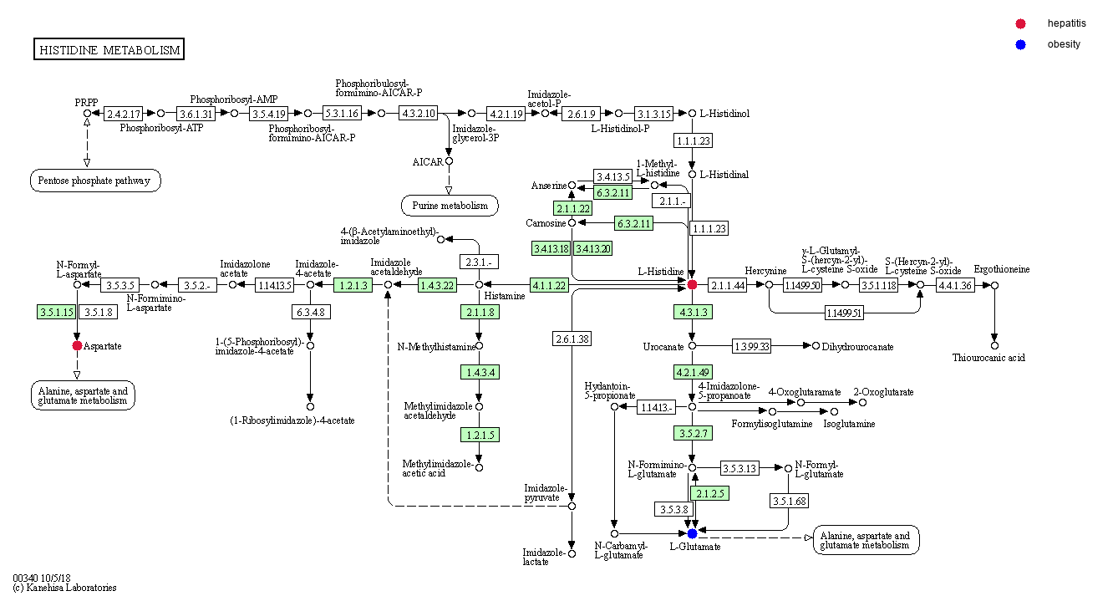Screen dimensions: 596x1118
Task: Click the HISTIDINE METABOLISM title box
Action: point(109,50)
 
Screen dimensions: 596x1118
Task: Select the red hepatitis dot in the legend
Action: point(1020,24)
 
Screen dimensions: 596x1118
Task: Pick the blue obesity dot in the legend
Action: point(1020,44)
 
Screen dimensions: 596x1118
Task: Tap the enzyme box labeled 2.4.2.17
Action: point(124,113)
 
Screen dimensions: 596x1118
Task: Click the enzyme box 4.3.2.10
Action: point(418,113)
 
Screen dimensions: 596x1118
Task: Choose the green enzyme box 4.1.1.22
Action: point(549,285)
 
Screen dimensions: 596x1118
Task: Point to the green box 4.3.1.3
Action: point(693,312)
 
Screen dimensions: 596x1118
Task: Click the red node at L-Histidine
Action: point(692,285)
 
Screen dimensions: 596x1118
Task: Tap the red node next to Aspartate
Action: point(77,345)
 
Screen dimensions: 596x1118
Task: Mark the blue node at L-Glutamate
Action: point(692,533)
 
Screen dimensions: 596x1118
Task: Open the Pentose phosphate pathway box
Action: point(95,180)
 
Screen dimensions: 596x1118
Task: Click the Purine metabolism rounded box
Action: point(450,205)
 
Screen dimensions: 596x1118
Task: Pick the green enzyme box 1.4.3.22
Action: point(438,285)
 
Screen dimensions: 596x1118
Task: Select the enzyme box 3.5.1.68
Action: point(789,501)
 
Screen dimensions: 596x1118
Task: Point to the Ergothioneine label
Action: point(1001,269)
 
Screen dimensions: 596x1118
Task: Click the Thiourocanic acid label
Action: point(988,358)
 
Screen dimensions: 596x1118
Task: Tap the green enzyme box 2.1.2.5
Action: point(709,493)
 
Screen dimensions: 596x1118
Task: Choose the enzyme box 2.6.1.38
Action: point(572,339)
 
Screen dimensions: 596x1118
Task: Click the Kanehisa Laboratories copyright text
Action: point(64,588)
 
